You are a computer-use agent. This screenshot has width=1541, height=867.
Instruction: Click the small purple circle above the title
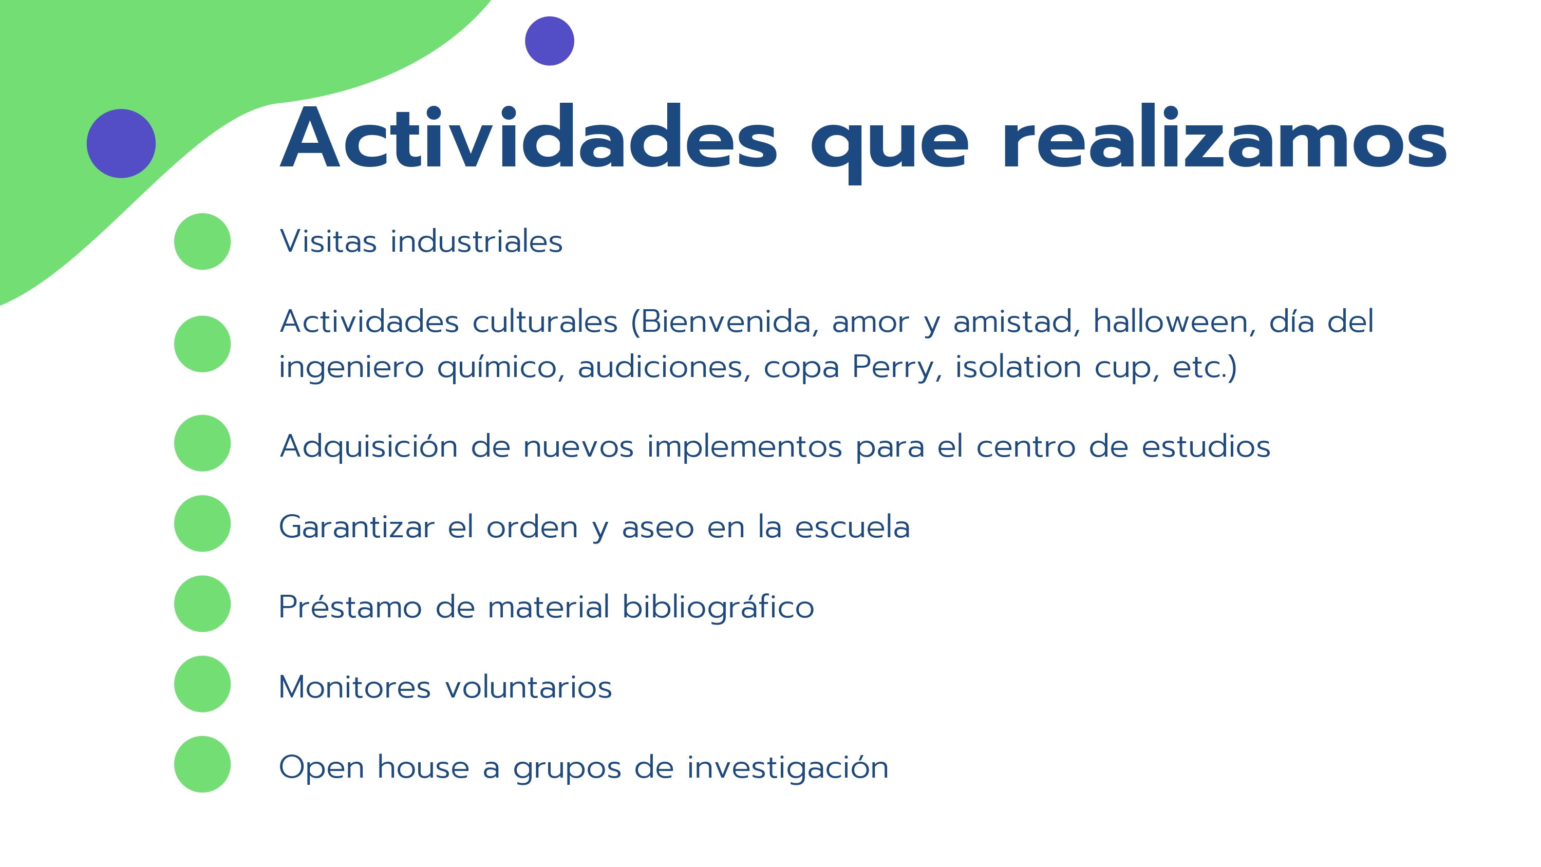549,41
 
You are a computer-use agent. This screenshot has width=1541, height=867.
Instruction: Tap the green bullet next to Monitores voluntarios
202,684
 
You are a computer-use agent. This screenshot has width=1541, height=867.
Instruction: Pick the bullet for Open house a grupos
202,764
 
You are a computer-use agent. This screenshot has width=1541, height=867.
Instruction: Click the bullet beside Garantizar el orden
202,523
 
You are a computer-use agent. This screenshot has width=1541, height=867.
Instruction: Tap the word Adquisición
369,447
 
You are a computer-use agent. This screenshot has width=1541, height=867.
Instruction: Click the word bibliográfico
718,607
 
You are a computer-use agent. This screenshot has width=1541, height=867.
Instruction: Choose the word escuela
853,527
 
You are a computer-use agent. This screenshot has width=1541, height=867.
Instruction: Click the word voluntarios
529,687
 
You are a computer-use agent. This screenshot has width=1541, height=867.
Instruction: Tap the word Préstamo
350,607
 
